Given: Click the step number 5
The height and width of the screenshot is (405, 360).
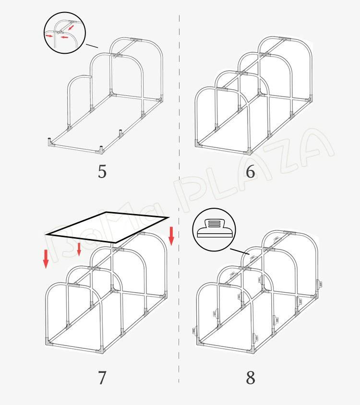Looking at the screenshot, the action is pos(102,171).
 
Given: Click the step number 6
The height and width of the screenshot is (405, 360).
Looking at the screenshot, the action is pos(250,171).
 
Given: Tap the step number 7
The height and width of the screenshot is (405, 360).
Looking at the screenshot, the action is pos(102,378).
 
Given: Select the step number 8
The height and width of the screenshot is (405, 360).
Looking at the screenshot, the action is pos(251,378).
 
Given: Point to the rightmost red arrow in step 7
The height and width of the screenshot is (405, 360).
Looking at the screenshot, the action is pos(171,236).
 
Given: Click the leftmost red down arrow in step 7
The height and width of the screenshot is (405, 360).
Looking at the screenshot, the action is pos(46,259).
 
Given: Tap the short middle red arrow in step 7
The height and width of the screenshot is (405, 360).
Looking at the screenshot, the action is pos(79,249).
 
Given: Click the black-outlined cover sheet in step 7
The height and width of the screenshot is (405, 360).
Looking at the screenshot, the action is pos(107,227).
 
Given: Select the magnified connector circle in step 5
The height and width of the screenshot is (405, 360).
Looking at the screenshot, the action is pos(65,33).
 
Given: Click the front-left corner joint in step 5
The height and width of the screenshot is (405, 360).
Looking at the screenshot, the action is pos(50,143).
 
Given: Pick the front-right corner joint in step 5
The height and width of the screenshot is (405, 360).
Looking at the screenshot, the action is pos(102,150).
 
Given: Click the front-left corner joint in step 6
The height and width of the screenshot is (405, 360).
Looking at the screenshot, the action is pos(198,143).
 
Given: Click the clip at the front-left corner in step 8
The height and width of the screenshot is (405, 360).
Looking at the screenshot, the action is pos(195,331).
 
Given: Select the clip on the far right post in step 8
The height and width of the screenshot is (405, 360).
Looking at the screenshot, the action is pos(319,285).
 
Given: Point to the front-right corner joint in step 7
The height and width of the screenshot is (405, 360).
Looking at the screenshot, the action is pos(102,350).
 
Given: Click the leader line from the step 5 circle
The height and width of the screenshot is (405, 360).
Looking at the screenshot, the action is pos(92,46).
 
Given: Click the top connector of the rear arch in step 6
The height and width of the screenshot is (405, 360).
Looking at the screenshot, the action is pos(285,39).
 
